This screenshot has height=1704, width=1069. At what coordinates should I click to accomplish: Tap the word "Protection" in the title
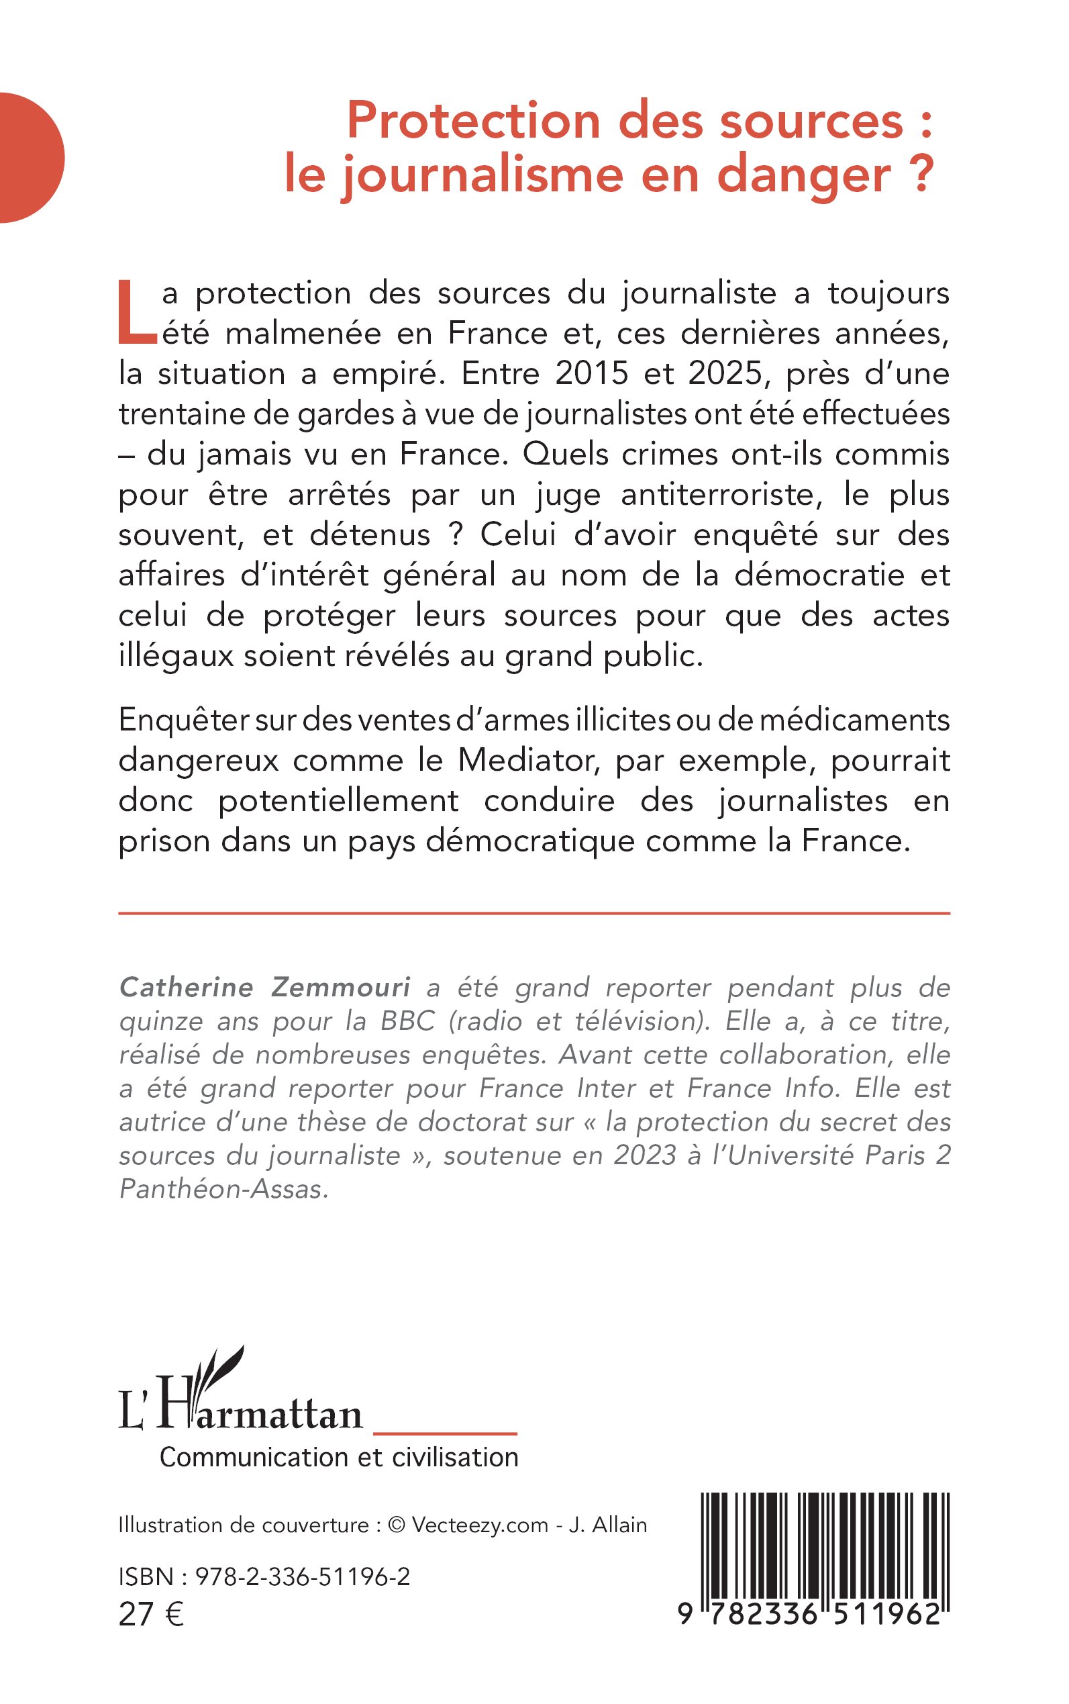[474, 120]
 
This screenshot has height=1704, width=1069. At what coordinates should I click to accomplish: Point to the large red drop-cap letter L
[136, 313]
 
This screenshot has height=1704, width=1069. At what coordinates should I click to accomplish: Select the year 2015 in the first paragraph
[591, 373]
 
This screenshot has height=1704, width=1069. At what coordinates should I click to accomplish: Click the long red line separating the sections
[533, 913]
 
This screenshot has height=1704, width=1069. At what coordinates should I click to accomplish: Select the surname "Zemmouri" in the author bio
[341, 988]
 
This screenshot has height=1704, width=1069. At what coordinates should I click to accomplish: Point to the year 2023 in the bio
[645, 1155]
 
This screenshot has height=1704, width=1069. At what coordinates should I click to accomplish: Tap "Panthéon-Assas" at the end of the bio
[224, 1189]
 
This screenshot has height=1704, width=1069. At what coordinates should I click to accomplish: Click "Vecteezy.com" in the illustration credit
[479, 1525]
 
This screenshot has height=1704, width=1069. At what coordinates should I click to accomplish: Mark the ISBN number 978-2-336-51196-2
[303, 1576]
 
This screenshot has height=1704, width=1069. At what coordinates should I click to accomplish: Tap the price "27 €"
[151, 1614]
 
